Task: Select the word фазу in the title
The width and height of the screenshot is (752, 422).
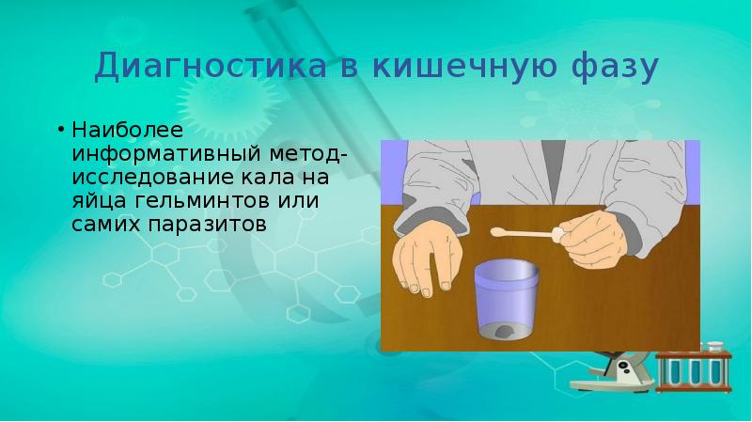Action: [612, 68]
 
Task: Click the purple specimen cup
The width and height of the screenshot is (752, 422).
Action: [509, 301]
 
